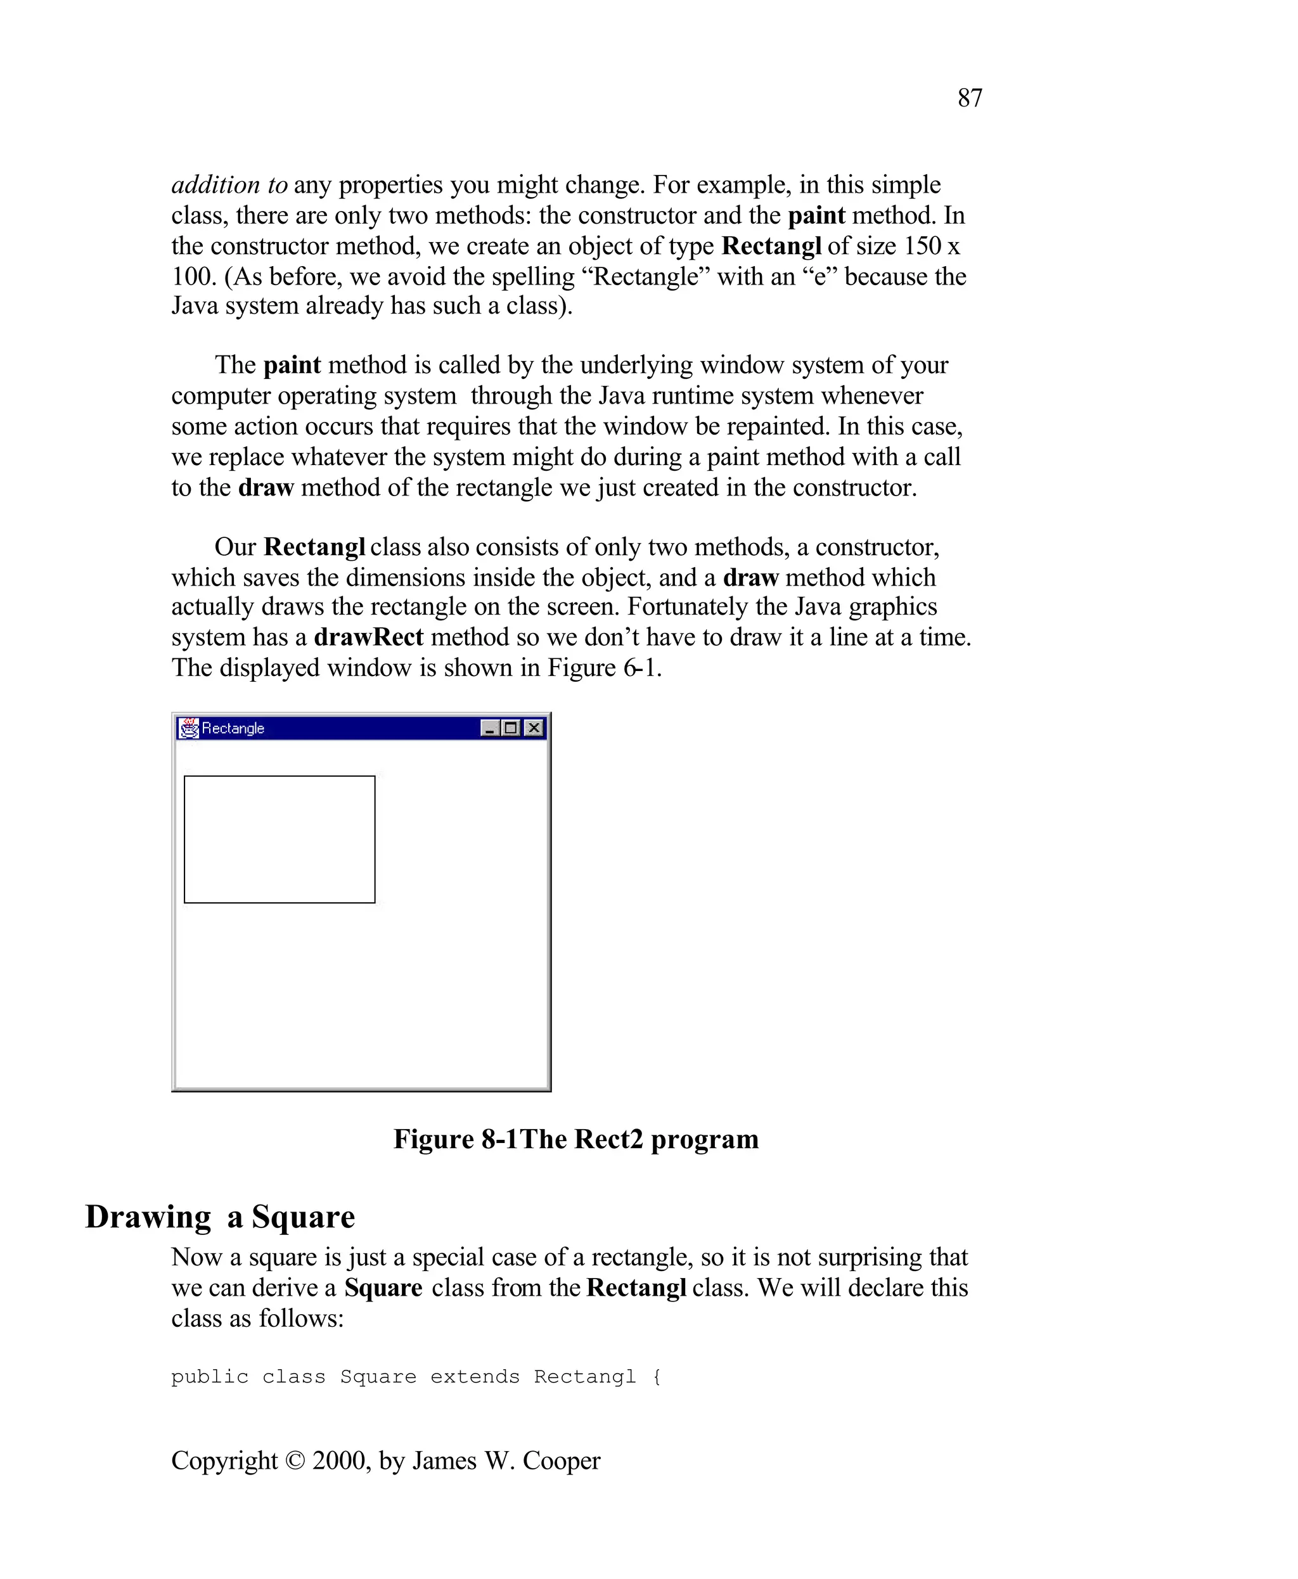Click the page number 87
(x=970, y=98)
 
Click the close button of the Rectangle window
(x=534, y=727)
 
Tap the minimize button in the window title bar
(x=490, y=727)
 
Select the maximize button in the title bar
(x=511, y=727)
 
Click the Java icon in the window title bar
(x=189, y=727)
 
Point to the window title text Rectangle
(x=233, y=728)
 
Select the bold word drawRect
(x=369, y=637)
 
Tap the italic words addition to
(x=229, y=184)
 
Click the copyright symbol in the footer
(x=295, y=1461)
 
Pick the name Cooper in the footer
(x=561, y=1461)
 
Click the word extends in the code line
(x=475, y=1376)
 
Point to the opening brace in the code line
(x=657, y=1376)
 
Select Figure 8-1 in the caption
(x=455, y=1139)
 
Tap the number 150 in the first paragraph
(x=922, y=246)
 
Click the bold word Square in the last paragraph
(x=383, y=1288)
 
